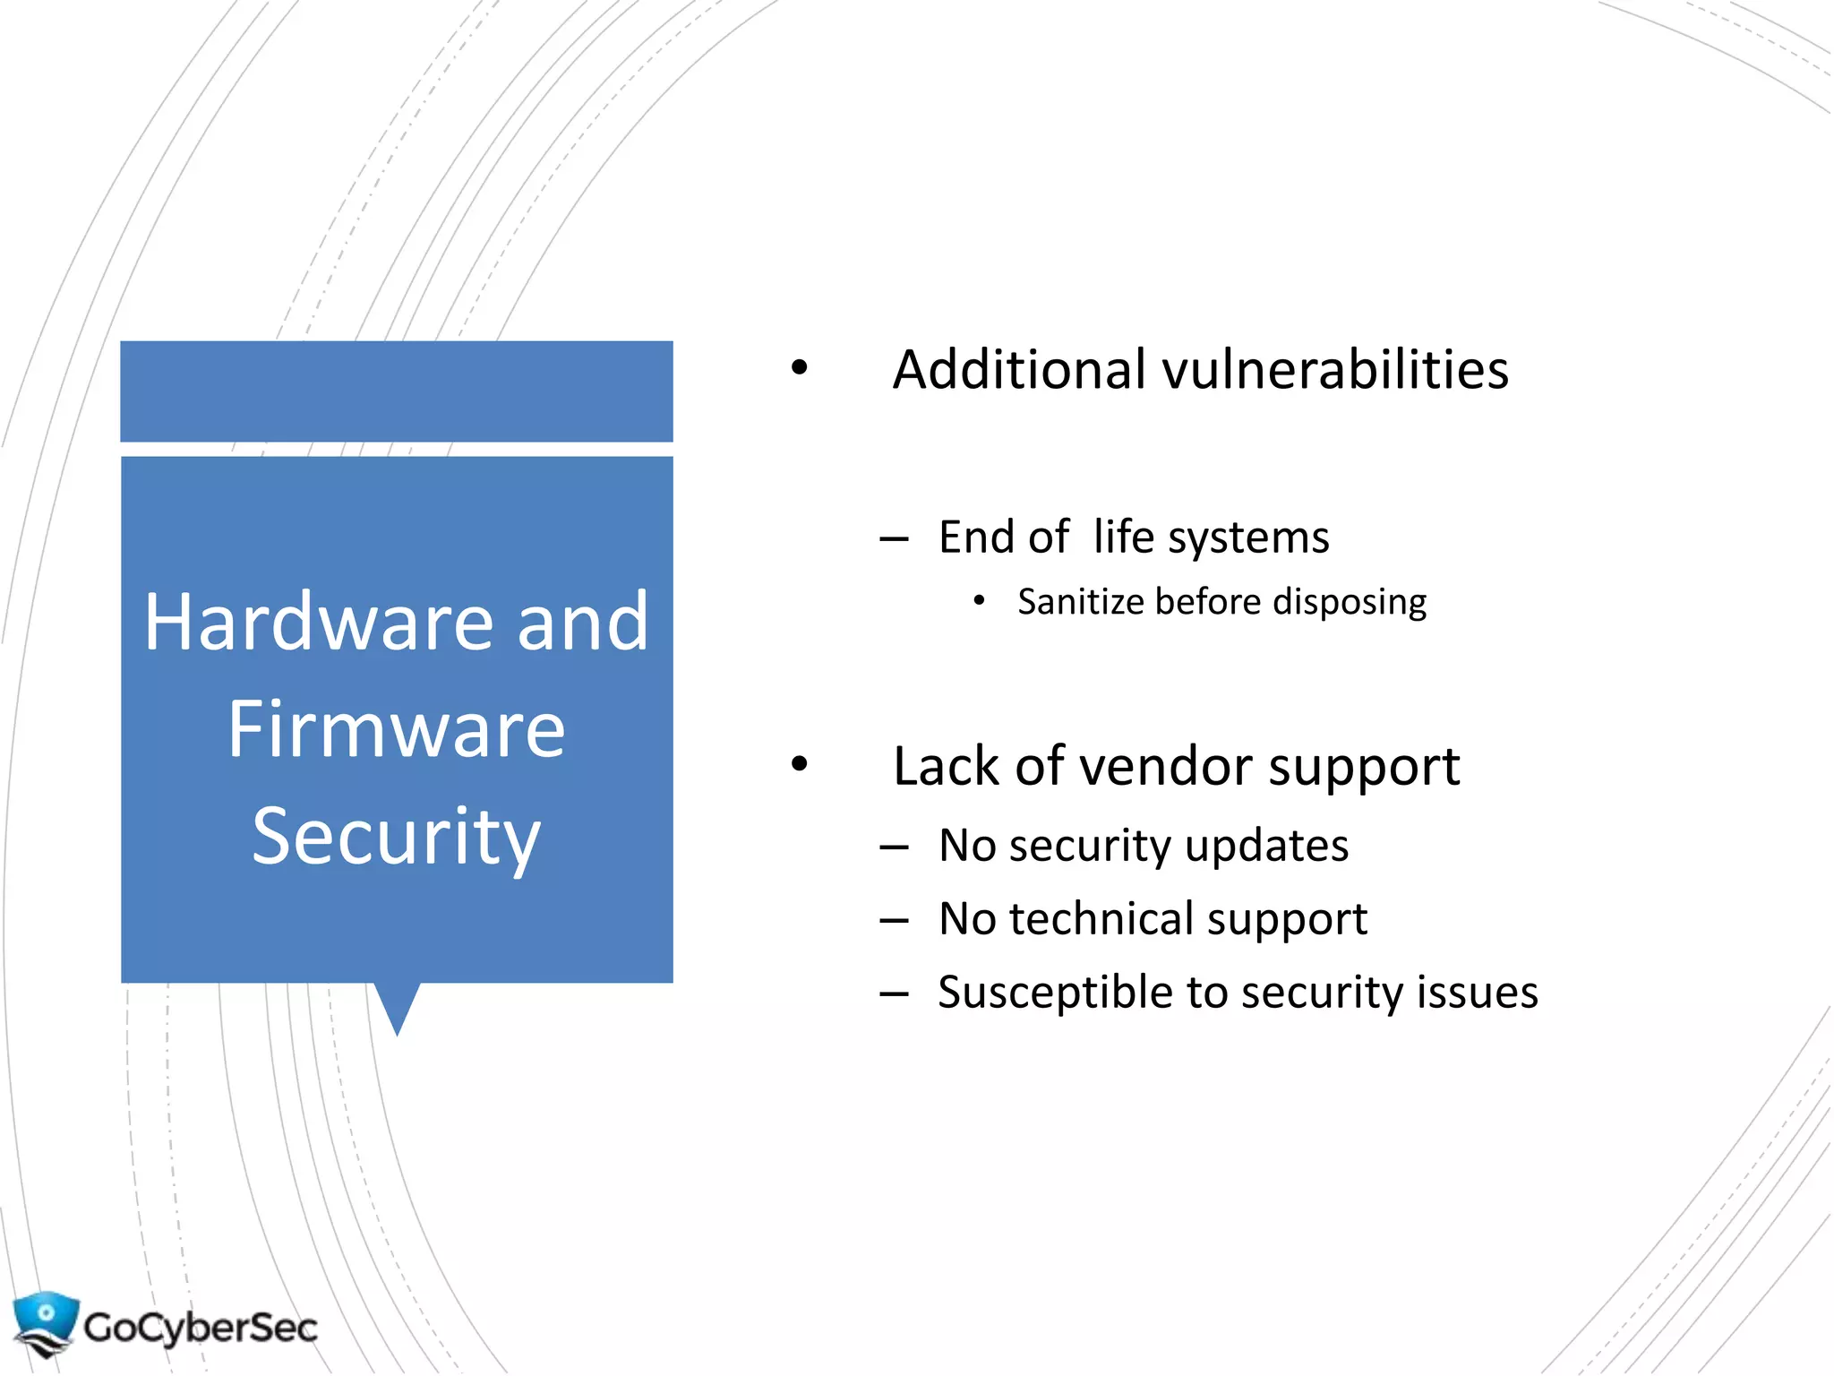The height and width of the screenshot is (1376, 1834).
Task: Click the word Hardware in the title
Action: (318, 622)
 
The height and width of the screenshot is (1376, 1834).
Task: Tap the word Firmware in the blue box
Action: (396, 729)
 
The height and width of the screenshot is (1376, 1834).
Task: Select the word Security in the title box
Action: (396, 837)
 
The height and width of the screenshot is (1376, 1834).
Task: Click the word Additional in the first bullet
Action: (1019, 369)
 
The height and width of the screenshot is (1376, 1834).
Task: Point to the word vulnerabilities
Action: (1335, 369)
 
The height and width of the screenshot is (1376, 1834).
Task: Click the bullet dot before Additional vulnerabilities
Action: (800, 367)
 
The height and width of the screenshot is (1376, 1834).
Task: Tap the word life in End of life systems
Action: (1123, 537)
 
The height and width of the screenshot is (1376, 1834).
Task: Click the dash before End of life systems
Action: (894, 539)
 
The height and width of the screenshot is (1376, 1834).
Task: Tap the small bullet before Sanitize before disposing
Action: (979, 600)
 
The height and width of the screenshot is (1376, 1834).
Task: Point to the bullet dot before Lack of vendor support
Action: (800, 764)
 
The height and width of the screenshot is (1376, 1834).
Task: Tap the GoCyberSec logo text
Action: (200, 1328)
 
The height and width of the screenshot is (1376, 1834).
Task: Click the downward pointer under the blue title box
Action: (397, 1008)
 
